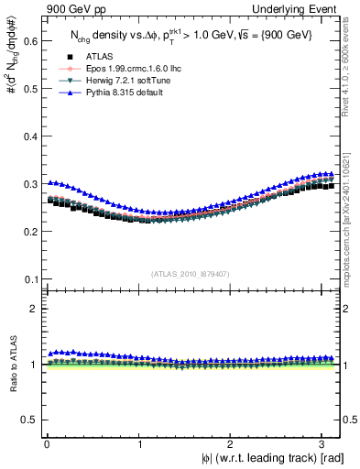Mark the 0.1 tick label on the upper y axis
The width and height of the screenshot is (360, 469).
coord(28,278)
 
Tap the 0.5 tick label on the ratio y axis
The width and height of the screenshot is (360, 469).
coord(28,420)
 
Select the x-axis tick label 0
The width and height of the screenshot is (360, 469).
coord(47,444)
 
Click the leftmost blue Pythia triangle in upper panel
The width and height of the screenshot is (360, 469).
coord(50,182)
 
